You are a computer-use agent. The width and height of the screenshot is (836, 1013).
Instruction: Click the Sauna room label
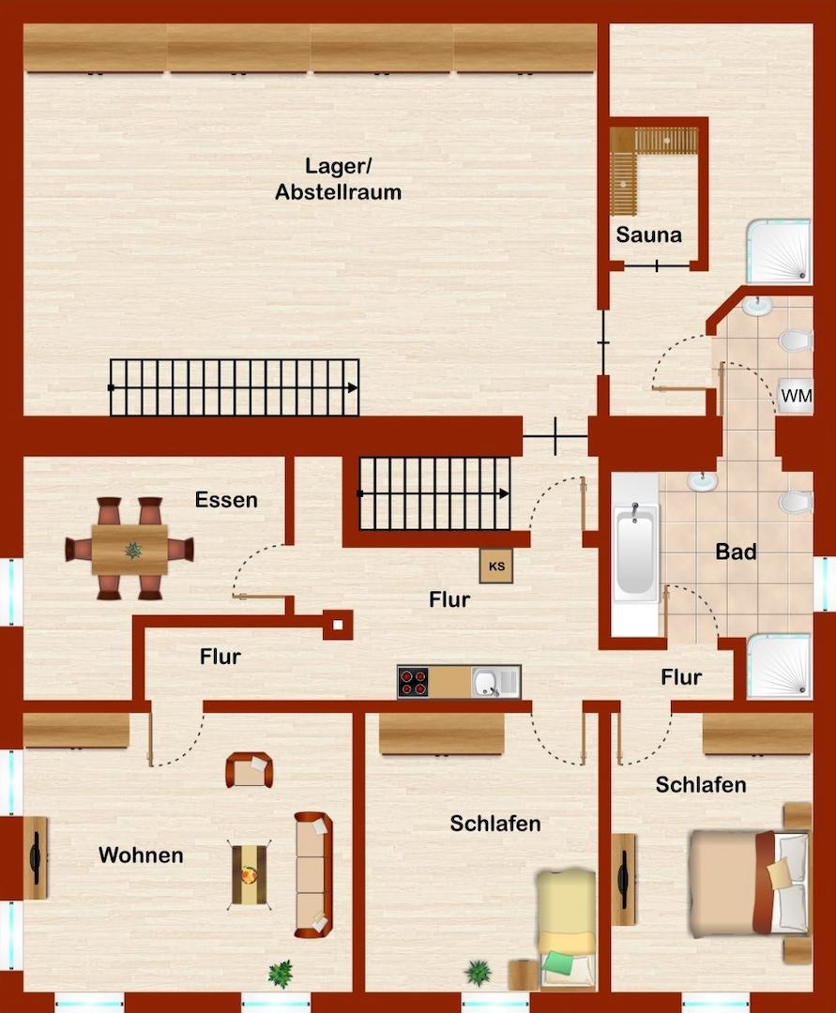pos(648,234)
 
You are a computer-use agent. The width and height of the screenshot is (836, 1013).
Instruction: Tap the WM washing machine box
pos(796,396)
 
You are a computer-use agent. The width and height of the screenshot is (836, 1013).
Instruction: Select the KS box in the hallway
pos(496,567)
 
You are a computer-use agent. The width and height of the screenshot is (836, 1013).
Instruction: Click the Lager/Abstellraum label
pos(338,179)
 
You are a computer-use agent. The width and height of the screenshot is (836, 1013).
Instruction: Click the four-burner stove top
pos(414,682)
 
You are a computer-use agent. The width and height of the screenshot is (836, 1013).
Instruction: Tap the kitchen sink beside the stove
pos(495,682)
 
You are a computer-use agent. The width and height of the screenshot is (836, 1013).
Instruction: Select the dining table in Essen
pos(129,550)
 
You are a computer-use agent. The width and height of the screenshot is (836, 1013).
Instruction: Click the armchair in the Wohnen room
pos(249,770)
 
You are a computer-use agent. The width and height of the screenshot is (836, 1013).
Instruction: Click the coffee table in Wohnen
pos(250,875)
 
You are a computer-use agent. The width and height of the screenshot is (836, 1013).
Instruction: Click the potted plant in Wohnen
pos(281,974)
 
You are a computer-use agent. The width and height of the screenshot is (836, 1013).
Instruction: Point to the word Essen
pos(226,500)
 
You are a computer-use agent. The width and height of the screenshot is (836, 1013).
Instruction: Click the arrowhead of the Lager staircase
pos(353,387)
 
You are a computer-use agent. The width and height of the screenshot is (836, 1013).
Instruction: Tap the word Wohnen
pos(141,855)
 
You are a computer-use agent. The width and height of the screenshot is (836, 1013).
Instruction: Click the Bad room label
pos(736,552)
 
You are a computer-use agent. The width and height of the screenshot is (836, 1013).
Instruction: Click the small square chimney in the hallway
pos(338,625)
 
